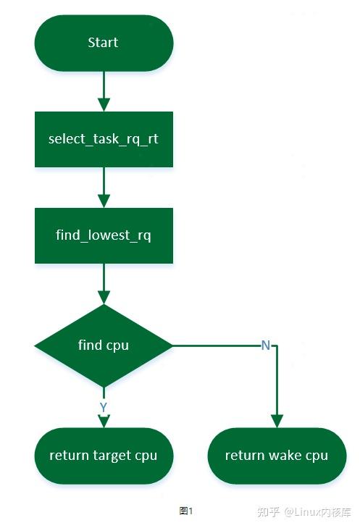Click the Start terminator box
pyautogui.click(x=104, y=43)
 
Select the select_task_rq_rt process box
pyautogui.click(x=104, y=139)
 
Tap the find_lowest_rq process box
pyautogui.click(x=104, y=235)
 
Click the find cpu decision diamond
pyautogui.click(x=104, y=345)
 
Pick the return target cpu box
pyautogui.click(x=104, y=456)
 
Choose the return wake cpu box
pyautogui.click(x=277, y=456)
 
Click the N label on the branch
pyautogui.click(x=266, y=345)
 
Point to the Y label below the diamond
pyautogui.click(x=104, y=408)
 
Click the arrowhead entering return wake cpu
pyautogui.click(x=277, y=422)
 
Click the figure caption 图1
pyautogui.click(x=186, y=511)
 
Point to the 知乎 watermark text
pyautogui.click(x=269, y=511)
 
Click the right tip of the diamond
pyautogui.click(x=172, y=345)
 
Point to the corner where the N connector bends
pyautogui.click(x=277, y=345)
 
